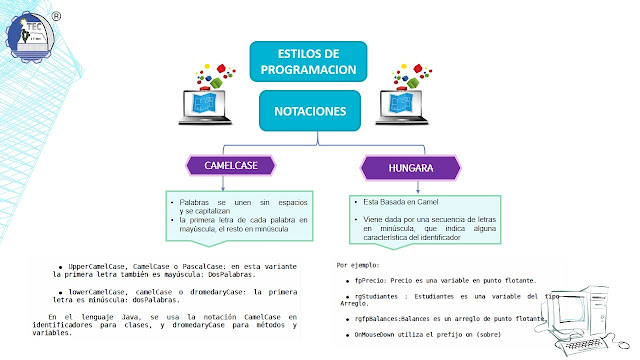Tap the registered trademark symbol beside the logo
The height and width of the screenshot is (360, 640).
56,16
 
